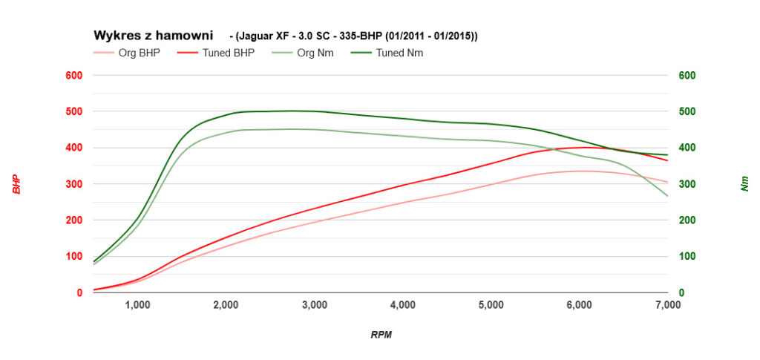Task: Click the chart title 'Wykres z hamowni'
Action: coord(153,36)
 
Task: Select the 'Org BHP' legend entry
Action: coord(139,53)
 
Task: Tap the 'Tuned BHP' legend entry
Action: coord(228,53)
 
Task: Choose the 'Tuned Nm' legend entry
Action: coord(399,53)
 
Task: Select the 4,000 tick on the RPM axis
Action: coord(402,305)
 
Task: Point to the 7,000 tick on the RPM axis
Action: coord(668,305)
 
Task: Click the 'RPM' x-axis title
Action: coord(381,335)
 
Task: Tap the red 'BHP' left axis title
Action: coord(16,184)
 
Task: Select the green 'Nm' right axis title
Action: coord(744,184)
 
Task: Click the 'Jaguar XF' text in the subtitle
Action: coord(263,36)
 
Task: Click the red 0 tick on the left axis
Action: coord(79,293)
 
